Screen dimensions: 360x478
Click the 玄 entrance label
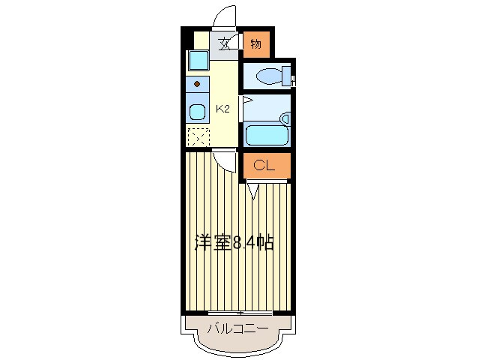pyautogui.click(x=223, y=43)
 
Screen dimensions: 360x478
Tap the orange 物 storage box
pyautogui.click(x=256, y=44)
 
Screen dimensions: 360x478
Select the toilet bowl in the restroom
pyautogui.click(x=265, y=75)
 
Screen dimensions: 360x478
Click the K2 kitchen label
pyautogui.click(x=223, y=109)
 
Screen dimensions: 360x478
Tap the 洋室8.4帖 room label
pyautogui.click(x=234, y=242)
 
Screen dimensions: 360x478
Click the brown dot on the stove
pyautogui.click(x=198, y=83)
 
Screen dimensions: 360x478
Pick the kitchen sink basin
pyautogui.click(x=197, y=113)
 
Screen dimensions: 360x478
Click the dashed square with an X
pyautogui.click(x=198, y=138)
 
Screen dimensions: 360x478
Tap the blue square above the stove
pyautogui.click(x=198, y=60)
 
